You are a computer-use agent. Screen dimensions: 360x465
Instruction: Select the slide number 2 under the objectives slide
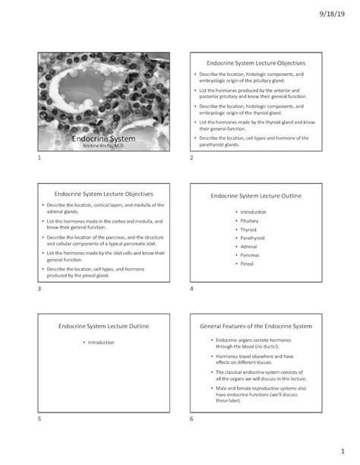(192, 158)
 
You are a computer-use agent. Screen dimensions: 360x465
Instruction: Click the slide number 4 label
(192, 289)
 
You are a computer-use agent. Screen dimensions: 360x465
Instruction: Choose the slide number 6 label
(192, 419)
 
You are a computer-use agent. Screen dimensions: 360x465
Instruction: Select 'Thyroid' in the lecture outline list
(248, 229)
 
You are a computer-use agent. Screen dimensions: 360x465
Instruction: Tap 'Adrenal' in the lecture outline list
(248, 247)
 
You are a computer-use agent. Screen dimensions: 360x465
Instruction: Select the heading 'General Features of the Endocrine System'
(255, 325)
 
